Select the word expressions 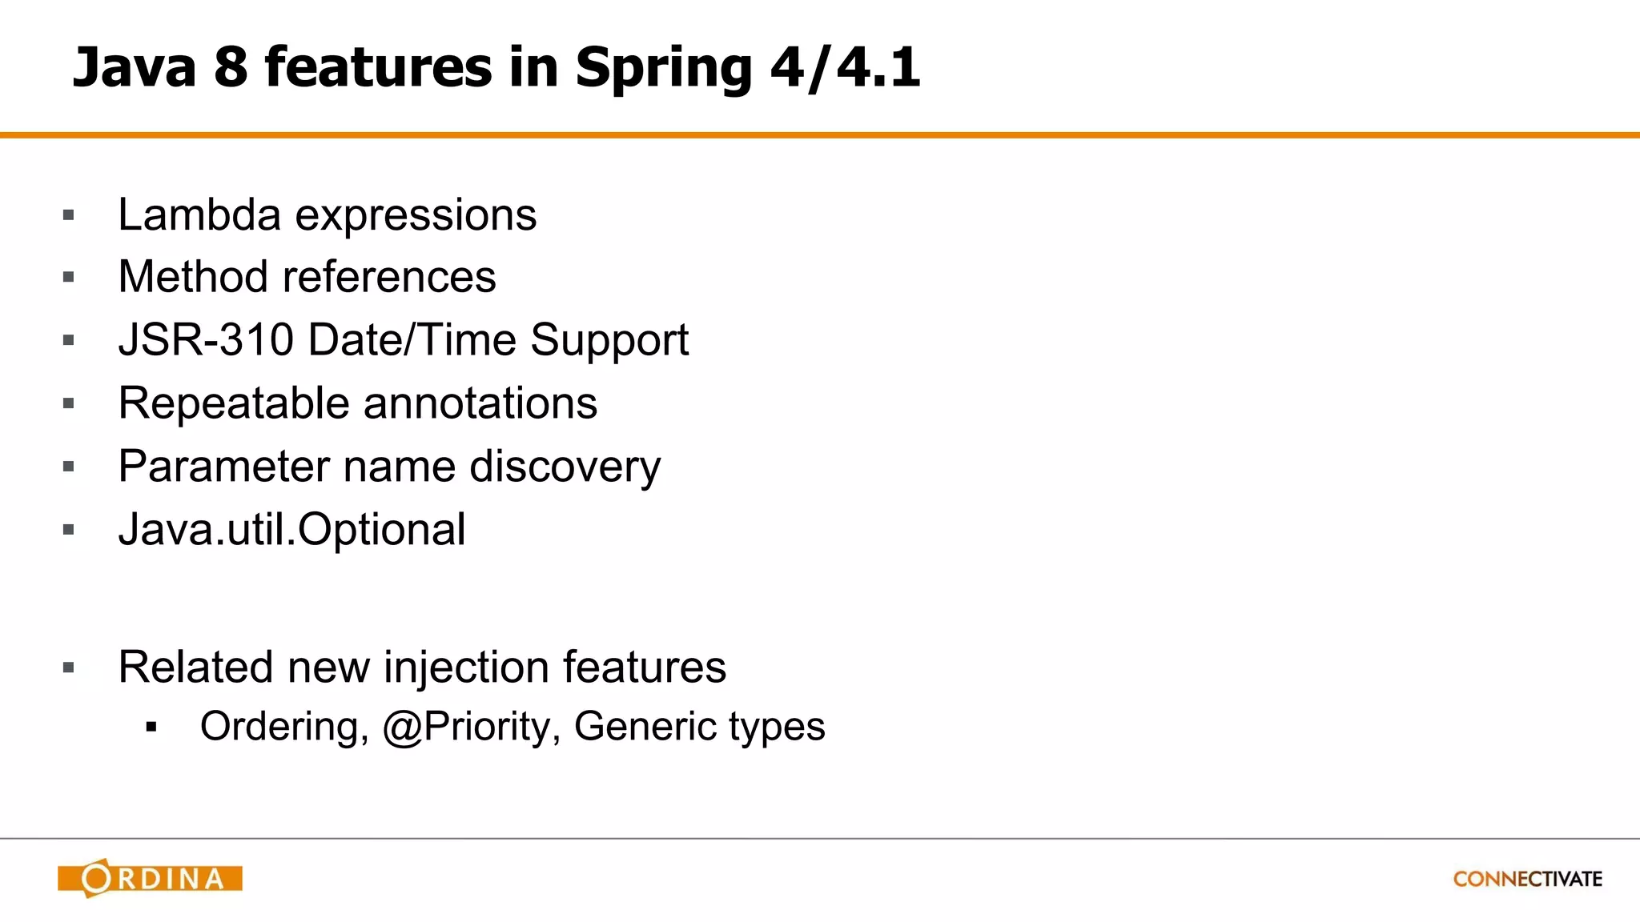coord(416,216)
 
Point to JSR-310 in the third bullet coord(206,340)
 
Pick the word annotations coord(480,403)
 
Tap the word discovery coord(565,467)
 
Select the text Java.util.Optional coord(291,529)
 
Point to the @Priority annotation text coord(471,727)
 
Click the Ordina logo coord(150,878)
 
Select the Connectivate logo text coord(1527,879)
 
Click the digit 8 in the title coord(231,67)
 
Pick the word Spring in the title coord(663,69)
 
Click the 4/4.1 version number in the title coord(845,67)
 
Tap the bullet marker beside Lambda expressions coord(68,215)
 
